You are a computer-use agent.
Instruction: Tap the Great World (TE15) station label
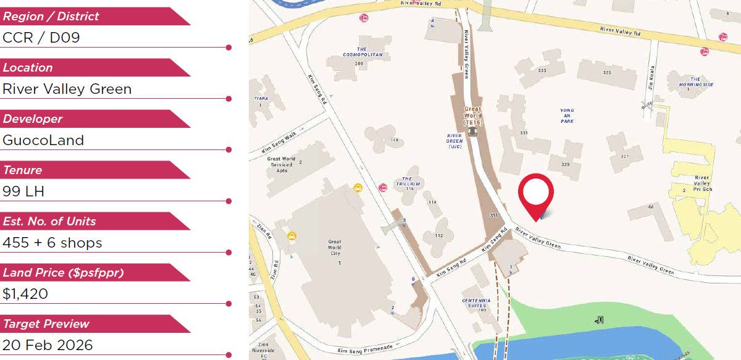[x=472, y=115]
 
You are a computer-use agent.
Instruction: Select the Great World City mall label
[x=335, y=248]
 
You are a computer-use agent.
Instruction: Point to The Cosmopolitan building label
[x=362, y=52]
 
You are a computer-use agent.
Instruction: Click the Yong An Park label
[x=567, y=115]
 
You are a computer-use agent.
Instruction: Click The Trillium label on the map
[x=411, y=181]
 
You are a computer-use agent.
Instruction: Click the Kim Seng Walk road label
[x=275, y=146]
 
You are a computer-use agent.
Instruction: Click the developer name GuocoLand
[x=43, y=140]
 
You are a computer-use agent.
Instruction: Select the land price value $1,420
[x=25, y=294]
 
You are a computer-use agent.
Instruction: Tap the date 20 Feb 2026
[x=48, y=345]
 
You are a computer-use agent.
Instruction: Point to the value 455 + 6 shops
[x=52, y=243]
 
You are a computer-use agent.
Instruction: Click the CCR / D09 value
[x=41, y=38]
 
